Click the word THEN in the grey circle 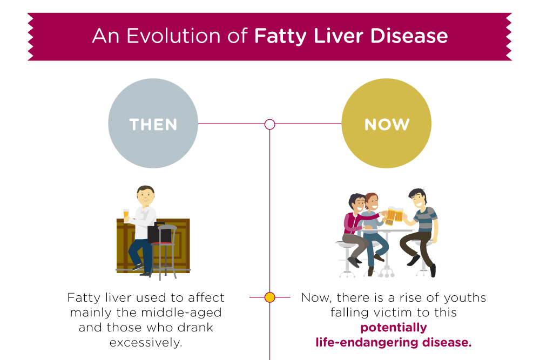click(153, 125)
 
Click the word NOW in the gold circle click(387, 125)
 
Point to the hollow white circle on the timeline click(270, 124)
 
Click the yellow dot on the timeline click(270, 297)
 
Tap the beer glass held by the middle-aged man click(126, 215)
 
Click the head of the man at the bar click(145, 195)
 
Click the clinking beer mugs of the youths click(394, 215)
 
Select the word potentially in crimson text click(393, 328)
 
